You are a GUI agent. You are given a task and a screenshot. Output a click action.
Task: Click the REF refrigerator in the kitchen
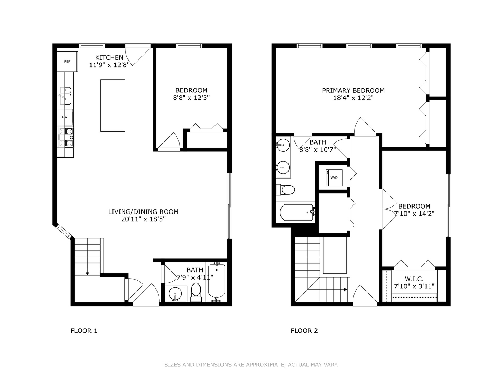point(67,62)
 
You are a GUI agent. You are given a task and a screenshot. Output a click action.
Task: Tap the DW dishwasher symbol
point(65,117)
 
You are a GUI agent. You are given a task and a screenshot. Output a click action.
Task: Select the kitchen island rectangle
point(113,106)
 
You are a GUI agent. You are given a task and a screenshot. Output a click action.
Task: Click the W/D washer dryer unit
point(334,178)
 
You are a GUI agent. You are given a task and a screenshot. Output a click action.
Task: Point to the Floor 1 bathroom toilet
point(196,292)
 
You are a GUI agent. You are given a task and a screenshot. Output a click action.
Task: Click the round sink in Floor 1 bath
point(175,294)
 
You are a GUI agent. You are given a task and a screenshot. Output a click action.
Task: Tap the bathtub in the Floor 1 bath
point(217,282)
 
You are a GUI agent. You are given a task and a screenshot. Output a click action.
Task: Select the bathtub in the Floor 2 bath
point(297,212)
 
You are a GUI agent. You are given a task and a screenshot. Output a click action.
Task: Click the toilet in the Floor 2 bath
point(285,190)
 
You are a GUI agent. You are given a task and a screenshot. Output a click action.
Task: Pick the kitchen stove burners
point(66,137)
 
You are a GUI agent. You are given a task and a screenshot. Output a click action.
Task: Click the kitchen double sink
point(66,96)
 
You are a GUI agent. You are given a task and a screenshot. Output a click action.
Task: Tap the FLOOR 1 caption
point(84,331)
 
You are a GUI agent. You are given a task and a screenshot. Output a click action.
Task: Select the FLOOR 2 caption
point(304,331)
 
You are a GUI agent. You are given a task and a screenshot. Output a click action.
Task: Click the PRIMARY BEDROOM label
point(353,90)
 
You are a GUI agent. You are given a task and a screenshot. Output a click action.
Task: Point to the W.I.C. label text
point(414,279)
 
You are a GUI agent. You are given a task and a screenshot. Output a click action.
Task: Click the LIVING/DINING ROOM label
point(144,212)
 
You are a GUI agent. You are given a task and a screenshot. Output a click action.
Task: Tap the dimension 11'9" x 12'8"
point(109,65)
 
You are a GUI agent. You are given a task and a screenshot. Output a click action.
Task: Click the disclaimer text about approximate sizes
point(251,365)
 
